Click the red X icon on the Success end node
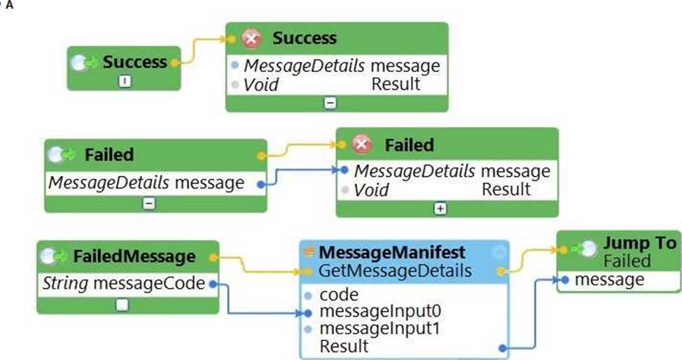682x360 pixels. click(251, 39)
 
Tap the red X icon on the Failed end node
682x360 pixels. click(362, 145)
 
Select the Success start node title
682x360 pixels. click(134, 62)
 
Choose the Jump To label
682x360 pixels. click(640, 243)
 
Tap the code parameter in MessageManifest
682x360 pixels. click(338, 295)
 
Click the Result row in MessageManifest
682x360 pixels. click(344, 346)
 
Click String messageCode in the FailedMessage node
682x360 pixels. click(124, 284)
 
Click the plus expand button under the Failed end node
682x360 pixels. click(440, 208)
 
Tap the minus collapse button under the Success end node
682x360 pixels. click(331, 102)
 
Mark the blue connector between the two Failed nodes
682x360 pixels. click(301, 175)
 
